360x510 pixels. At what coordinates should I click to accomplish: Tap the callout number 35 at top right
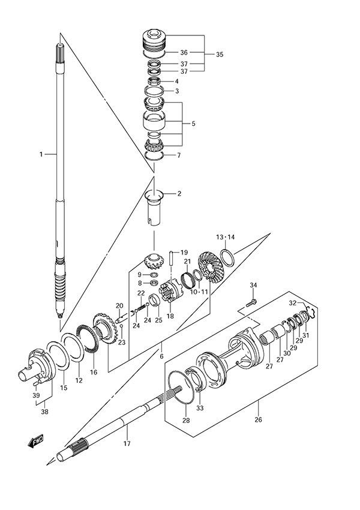coord(219,55)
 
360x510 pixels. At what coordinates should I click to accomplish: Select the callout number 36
coord(184,52)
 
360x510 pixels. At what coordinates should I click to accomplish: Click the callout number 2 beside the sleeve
coord(178,194)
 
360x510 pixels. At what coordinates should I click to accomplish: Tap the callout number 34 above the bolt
coord(253,284)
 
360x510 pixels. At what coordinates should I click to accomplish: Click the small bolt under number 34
coord(253,299)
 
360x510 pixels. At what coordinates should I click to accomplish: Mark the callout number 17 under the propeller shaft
coord(127,444)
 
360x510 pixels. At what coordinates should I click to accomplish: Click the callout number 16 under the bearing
coord(94,372)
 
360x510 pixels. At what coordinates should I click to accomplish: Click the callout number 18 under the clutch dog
coord(169,316)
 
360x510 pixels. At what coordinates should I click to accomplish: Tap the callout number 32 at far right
coord(293,302)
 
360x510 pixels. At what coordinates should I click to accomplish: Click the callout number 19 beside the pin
coord(184,252)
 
